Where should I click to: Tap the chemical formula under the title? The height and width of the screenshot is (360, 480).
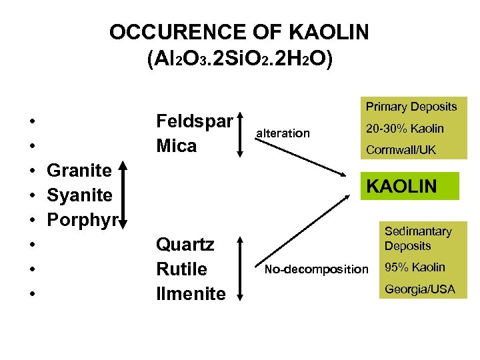[x=239, y=59]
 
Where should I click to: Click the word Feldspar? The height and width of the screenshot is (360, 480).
[x=194, y=121]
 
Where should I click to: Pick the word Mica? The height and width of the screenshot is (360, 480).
[x=176, y=145]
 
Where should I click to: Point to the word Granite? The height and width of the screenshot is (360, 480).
[x=79, y=170]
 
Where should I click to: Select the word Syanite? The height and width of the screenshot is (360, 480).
[x=79, y=195]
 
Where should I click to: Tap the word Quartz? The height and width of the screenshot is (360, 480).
[x=185, y=245]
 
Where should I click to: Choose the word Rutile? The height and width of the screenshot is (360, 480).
[x=181, y=269]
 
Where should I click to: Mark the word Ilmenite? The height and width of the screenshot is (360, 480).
[x=190, y=294]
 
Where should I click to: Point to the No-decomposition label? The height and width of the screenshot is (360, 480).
[x=316, y=269]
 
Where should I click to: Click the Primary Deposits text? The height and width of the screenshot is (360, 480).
[x=411, y=107]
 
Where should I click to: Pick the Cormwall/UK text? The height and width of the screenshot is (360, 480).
[x=401, y=150]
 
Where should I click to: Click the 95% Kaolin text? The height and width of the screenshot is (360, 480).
[x=415, y=267]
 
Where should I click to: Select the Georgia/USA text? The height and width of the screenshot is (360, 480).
[x=419, y=290]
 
